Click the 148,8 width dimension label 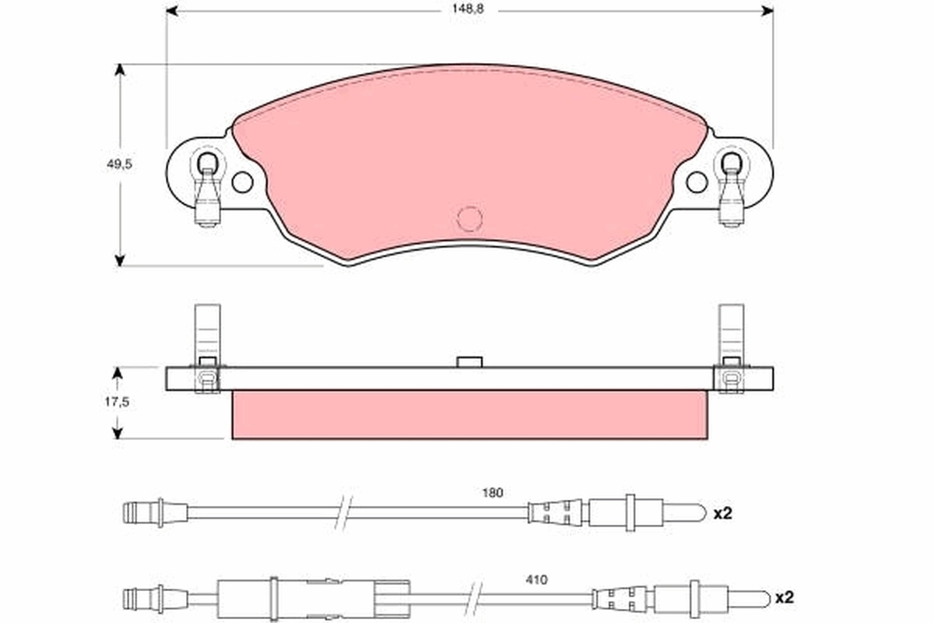tap(468, 9)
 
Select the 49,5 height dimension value tap(119, 164)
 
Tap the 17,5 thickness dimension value tap(117, 402)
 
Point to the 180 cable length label tap(493, 493)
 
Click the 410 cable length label tap(536, 579)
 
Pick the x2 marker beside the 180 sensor tap(722, 513)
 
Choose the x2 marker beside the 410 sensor tap(785, 598)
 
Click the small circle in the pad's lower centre tap(469, 219)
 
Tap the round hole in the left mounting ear tap(242, 182)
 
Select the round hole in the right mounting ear tap(697, 182)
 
